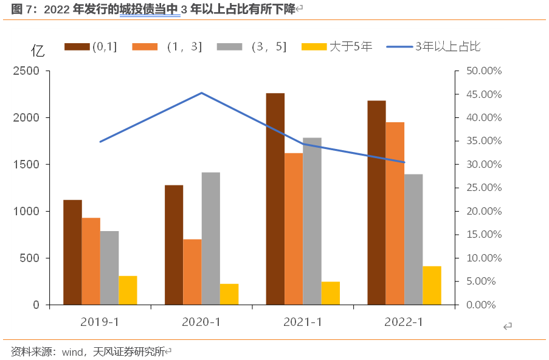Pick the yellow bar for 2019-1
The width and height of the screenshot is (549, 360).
click(x=128, y=290)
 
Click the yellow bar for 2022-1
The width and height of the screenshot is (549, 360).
click(x=432, y=285)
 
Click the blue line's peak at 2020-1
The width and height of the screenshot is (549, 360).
click(x=201, y=93)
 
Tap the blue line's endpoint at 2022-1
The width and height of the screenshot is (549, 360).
click(x=404, y=162)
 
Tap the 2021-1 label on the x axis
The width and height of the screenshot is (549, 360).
click(x=302, y=322)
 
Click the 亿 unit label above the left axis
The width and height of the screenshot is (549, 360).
click(x=38, y=51)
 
